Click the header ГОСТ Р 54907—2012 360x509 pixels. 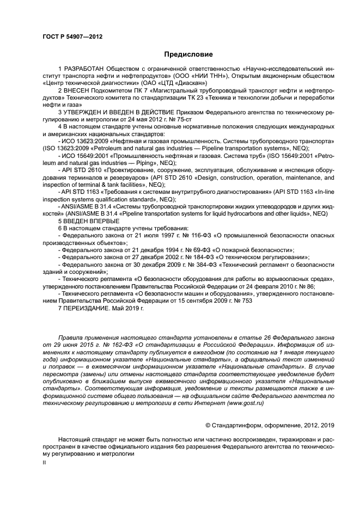72,37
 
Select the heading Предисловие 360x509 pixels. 187,54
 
